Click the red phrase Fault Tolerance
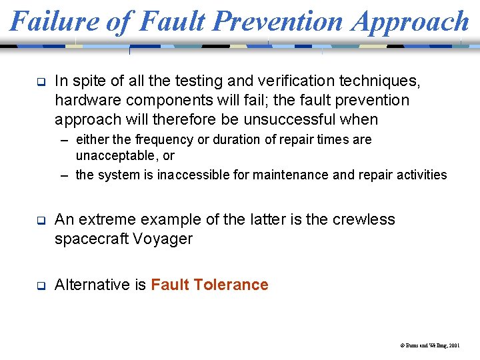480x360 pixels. (x=209, y=285)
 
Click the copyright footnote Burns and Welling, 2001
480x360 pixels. (x=430, y=346)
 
